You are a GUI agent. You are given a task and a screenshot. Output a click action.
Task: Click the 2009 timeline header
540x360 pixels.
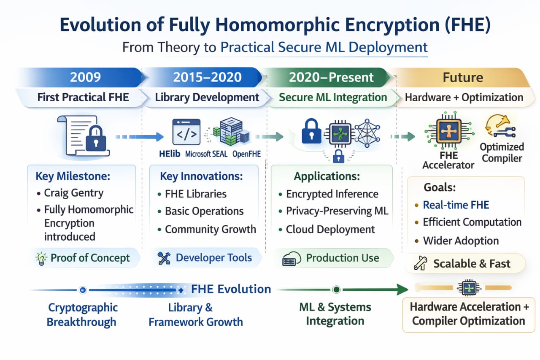(85, 77)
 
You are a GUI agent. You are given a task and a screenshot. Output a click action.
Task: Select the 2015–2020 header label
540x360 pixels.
(207, 77)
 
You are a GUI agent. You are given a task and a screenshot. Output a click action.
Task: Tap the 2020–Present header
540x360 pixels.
(331, 77)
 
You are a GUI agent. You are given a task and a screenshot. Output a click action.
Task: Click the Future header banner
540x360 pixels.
(462, 77)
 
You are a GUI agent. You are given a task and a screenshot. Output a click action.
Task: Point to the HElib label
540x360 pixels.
(170, 154)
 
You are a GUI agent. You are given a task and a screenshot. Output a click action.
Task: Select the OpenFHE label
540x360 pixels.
(247, 154)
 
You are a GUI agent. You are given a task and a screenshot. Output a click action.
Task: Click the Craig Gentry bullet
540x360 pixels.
(73, 193)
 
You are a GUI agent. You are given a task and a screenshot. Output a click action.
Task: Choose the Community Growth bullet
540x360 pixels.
(210, 230)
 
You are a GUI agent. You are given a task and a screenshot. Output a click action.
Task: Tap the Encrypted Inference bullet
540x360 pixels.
(332, 194)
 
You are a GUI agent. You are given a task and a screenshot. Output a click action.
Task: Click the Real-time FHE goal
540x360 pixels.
(456, 205)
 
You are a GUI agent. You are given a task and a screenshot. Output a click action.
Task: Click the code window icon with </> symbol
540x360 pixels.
(186, 132)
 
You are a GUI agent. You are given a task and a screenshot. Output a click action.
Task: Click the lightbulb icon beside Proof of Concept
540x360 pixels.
(41, 258)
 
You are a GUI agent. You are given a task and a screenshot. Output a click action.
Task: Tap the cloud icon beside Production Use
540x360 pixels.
(291, 259)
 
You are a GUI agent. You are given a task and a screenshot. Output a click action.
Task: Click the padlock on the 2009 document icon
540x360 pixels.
(96, 140)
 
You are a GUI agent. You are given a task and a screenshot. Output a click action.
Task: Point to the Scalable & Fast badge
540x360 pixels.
(465, 264)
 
